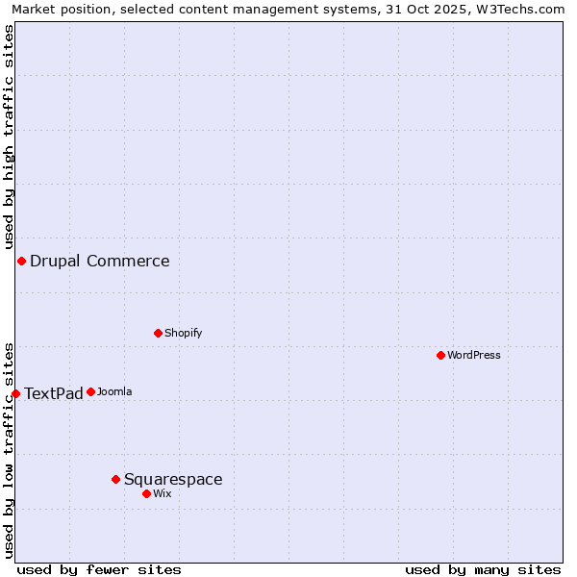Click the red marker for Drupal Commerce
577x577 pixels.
click(21, 262)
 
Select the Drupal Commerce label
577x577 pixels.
click(99, 262)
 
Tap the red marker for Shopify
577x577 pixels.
click(158, 334)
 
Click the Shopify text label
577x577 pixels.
click(183, 334)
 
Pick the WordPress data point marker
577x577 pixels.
click(440, 356)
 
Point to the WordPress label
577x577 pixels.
click(474, 356)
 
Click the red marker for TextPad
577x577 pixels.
click(15, 393)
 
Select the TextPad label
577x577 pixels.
click(53, 393)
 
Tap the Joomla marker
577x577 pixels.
click(90, 391)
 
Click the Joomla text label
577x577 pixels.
click(114, 392)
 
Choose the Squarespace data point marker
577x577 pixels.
click(115, 479)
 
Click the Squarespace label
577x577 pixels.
click(173, 480)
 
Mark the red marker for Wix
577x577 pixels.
click(146, 493)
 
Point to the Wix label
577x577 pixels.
click(163, 494)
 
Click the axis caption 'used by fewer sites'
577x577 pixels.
click(99, 570)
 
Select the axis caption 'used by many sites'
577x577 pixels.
click(483, 570)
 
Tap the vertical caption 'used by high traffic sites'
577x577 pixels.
click(9, 138)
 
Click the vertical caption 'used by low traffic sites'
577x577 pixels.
click(9, 450)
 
